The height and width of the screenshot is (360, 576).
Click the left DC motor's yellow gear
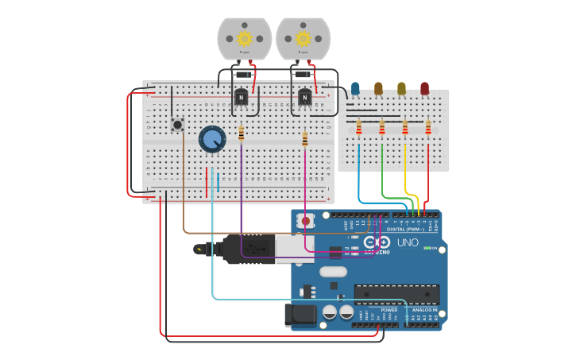(x=244, y=38)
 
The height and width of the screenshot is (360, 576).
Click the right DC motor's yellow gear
(x=303, y=38)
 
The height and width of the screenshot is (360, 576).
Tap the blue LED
(x=355, y=88)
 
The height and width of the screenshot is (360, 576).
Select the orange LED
(x=378, y=88)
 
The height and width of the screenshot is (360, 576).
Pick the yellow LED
(x=401, y=88)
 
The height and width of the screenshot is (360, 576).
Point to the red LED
(x=424, y=88)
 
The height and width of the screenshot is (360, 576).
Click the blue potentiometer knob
(x=212, y=139)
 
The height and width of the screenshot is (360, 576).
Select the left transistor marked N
(x=241, y=97)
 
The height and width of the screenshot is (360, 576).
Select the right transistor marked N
(x=304, y=97)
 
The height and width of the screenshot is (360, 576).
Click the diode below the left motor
(x=244, y=75)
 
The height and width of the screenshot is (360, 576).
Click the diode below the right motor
(x=302, y=75)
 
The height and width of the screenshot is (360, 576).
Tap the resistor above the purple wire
(x=241, y=134)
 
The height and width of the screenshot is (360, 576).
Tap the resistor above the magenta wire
(x=304, y=140)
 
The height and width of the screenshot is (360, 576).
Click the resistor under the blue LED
(x=358, y=128)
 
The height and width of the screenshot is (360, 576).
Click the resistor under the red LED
(x=428, y=128)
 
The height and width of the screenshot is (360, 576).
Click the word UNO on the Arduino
(x=408, y=242)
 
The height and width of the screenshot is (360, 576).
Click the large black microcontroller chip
(x=396, y=294)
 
